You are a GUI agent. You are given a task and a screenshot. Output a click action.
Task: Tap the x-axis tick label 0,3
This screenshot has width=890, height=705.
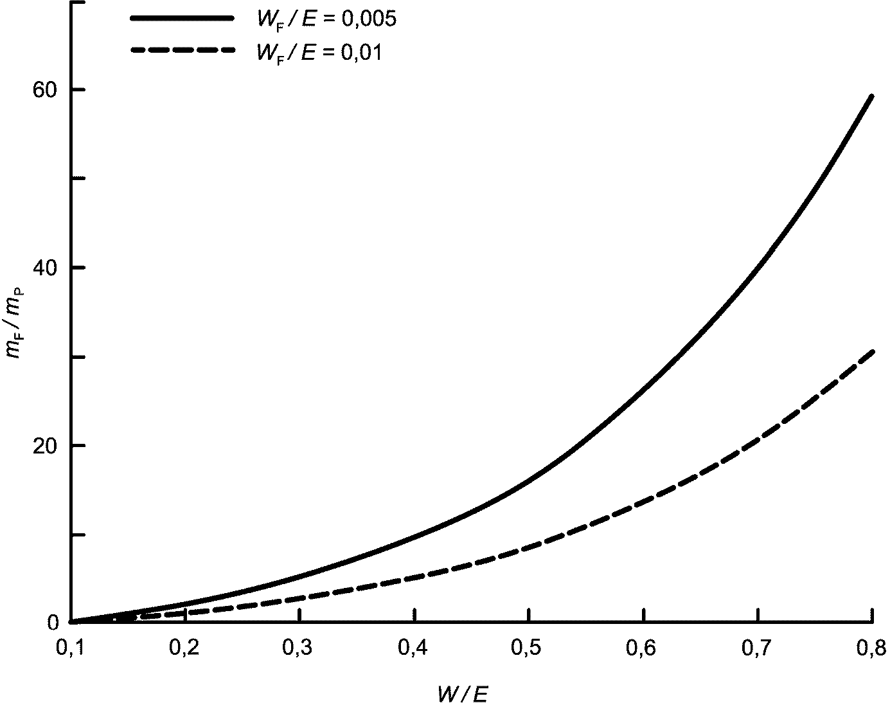(299, 650)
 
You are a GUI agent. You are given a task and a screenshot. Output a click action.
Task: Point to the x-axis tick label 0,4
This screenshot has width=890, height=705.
(414, 650)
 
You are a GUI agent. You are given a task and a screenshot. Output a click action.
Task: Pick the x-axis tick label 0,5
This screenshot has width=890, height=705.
(528, 650)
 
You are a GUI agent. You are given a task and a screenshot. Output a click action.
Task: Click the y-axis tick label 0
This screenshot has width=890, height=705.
(53, 622)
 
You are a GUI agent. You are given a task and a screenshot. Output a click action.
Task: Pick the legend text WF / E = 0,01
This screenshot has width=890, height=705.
(319, 52)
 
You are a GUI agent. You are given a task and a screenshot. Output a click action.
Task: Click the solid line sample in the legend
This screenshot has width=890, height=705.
(182, 19)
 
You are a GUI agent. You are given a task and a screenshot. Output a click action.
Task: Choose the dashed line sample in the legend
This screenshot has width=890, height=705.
(182, 50)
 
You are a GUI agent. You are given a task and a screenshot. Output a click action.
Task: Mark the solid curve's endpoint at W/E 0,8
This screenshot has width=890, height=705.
(872, 96)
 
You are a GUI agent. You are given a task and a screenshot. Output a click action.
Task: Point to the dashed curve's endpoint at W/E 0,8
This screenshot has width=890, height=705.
(872, 351)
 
